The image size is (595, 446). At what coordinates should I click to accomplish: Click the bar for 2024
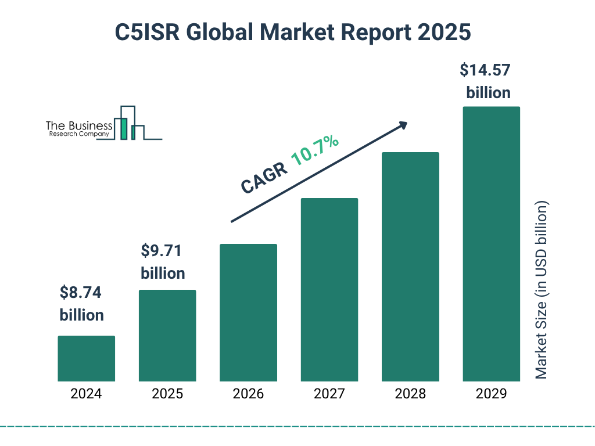86,358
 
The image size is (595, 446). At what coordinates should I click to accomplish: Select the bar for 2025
167,336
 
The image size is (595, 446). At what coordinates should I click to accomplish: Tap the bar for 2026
248,312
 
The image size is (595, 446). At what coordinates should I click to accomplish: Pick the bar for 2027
329,290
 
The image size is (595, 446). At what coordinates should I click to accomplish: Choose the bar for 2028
410,267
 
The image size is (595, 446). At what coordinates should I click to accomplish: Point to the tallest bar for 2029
491,244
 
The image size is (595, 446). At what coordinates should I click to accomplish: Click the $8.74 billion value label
81,304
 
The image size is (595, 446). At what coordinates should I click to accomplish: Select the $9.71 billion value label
163,262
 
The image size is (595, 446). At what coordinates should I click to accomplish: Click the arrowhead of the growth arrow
402,125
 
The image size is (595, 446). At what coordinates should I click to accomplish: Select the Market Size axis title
542,290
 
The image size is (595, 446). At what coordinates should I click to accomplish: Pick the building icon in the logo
131,123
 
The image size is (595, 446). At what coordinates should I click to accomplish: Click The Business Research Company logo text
78,129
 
